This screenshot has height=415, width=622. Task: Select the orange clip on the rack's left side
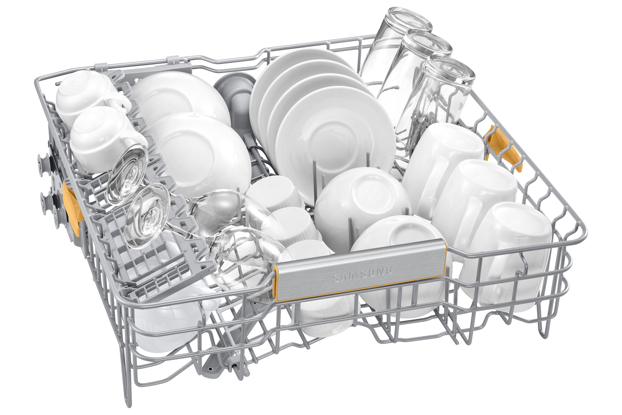pos(71,208)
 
